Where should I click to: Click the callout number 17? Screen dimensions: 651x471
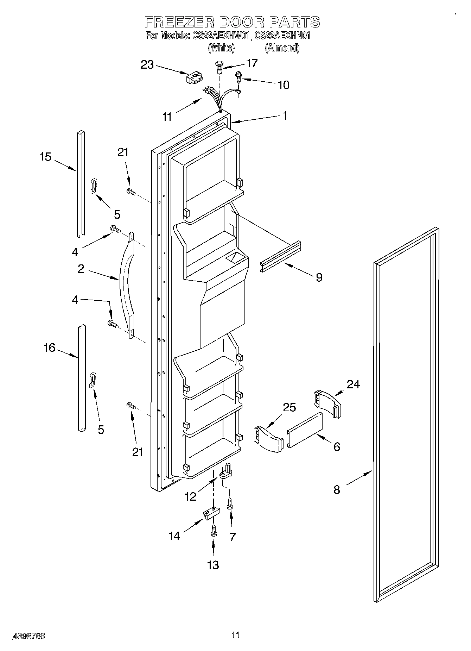252,63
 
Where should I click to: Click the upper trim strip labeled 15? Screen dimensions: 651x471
81,183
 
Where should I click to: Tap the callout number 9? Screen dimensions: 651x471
319,277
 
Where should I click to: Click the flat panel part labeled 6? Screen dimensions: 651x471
305,430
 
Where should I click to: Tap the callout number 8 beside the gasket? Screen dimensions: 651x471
337,489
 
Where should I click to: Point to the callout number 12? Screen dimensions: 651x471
190,496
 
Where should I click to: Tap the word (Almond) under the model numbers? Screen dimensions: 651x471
282,48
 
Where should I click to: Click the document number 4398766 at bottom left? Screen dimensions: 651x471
29,636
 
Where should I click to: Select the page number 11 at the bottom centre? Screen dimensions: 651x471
235,635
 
